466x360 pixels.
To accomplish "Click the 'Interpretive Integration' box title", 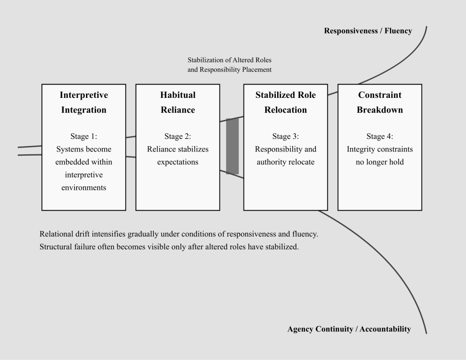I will point(84,102).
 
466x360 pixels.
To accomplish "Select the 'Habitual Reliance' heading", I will point(177,102).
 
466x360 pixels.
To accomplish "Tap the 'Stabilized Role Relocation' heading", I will point(285,102).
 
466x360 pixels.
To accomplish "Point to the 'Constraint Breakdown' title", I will point(380,102).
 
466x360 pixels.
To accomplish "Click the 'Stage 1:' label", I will point(84,136).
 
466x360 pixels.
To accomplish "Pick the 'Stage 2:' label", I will point(177,136).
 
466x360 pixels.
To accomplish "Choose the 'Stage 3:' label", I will point(285,136).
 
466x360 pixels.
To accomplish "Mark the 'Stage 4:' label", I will point(380,136).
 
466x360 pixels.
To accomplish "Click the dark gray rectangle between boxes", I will point(232,146).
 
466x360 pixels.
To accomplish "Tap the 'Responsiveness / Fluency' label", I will point(368,31).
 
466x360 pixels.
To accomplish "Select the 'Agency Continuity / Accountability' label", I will point(349,329).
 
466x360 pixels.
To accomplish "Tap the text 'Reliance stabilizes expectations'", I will point(177,156).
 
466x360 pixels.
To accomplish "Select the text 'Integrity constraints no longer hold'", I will point(380,156).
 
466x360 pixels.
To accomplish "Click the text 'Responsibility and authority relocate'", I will point(285,156).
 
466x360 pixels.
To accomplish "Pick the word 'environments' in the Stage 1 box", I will point(84,188).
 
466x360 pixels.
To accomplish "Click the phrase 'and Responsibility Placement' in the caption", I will point(229,70).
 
